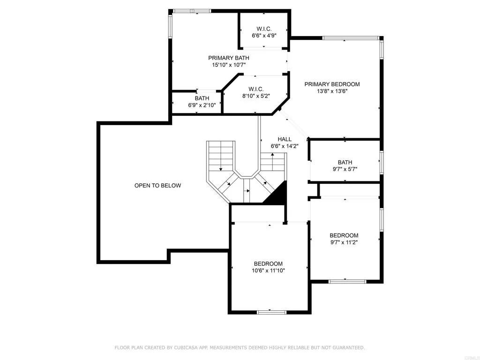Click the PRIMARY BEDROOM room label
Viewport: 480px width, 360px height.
point(332,84)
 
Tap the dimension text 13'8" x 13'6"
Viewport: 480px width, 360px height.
point(332,91)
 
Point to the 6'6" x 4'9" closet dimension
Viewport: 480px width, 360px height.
point(264,36)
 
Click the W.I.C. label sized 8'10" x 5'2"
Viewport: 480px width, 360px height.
point(255,89)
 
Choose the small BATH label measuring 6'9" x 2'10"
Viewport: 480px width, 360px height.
point(202,98)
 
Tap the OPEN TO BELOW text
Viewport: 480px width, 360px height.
point(157,186)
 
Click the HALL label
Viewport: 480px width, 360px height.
point(285,139)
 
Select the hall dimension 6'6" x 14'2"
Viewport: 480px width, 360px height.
point(285,146)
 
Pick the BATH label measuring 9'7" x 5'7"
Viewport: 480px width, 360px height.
point(345,163)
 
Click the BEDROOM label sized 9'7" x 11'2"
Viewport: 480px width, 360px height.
point(344,235)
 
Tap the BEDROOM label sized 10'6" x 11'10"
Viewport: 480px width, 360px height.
point(268,263)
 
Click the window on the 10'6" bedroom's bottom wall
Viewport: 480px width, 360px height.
point(271,312)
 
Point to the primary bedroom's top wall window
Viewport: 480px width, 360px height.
point(350,38)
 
